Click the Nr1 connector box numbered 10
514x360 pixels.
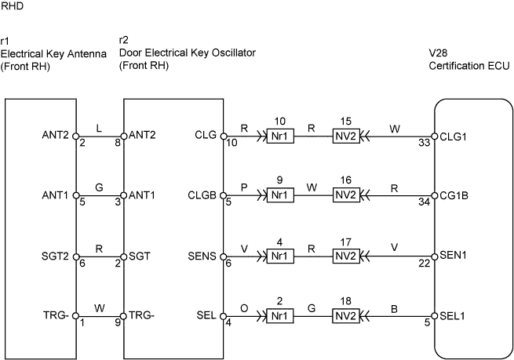[280, 136]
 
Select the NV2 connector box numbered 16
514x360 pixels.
[346, 195]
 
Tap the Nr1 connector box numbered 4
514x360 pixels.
[280, 256]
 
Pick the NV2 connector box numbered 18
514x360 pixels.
[346, 316]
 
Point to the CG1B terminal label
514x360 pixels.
[454, 195]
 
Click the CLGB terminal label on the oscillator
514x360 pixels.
[202, 195]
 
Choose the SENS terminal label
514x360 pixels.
[202, 256]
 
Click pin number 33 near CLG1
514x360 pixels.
[424, 143]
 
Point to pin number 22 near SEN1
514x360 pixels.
[424, 263]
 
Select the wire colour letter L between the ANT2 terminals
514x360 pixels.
[99, 128]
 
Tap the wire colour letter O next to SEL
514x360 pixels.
[244, 308]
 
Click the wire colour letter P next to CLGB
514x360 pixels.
[244, 187]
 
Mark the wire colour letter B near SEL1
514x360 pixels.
[395, 309]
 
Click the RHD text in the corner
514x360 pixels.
[12, 6]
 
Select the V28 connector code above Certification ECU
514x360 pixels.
[439, 53]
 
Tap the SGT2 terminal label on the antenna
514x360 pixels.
[55, 256]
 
